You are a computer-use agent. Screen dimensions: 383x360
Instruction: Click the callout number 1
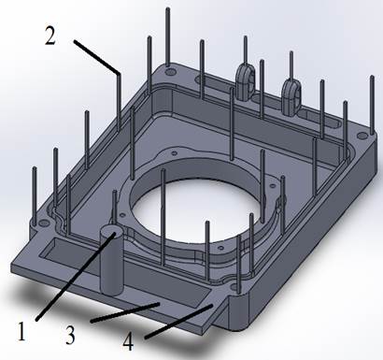pos(21,332)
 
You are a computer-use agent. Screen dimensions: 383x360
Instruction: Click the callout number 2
pos(50,36)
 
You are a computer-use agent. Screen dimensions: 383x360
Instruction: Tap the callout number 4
pos(128,341)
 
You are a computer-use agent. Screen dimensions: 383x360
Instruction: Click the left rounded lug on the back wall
pos(245,81)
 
